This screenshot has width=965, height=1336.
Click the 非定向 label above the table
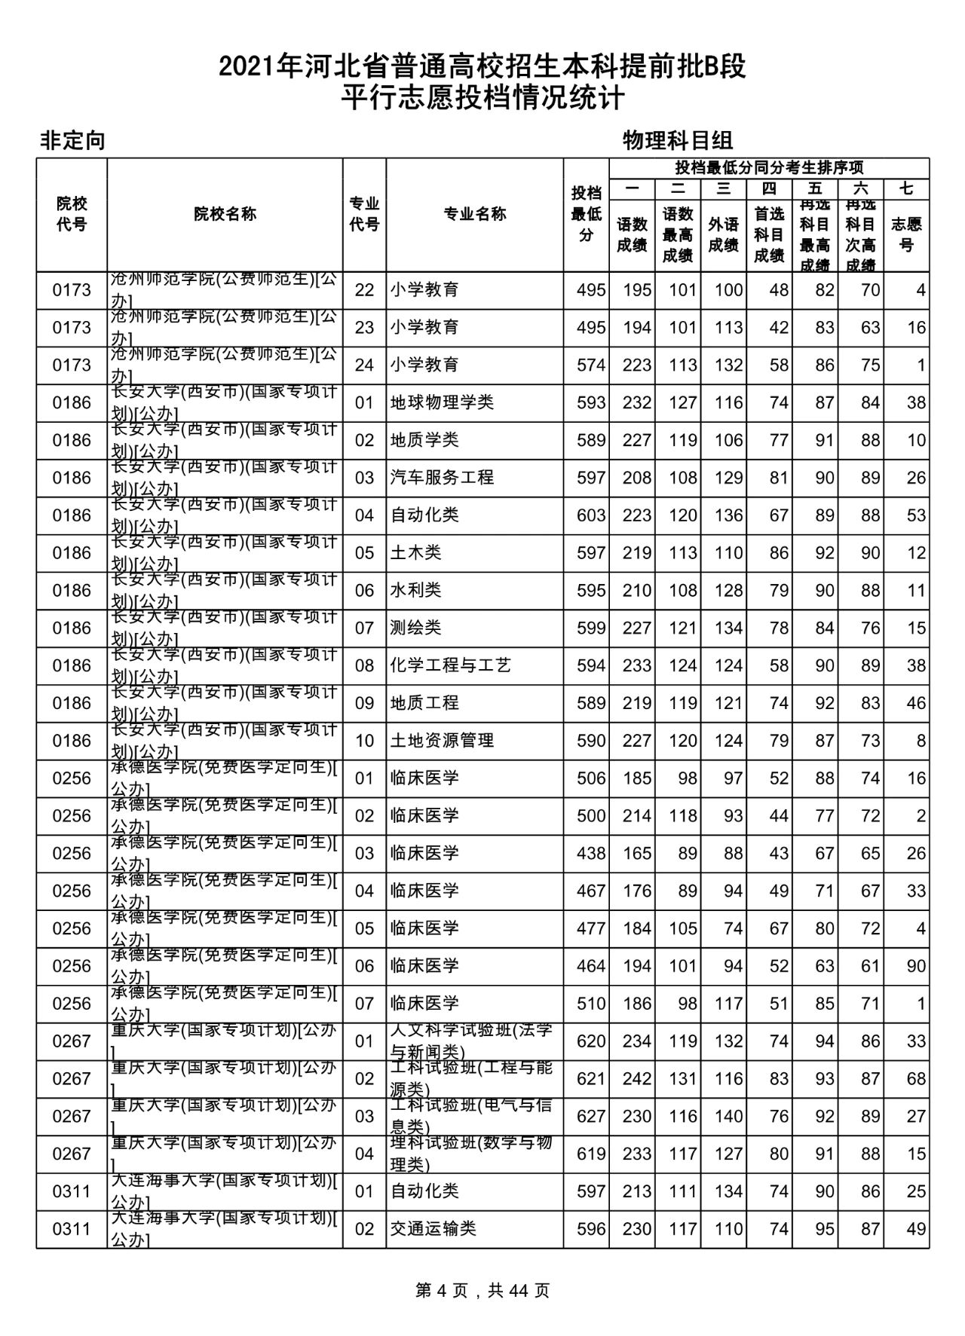72,141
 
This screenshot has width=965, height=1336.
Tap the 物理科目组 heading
678,140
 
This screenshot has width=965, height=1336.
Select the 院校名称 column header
225,214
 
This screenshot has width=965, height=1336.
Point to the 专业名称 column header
474,214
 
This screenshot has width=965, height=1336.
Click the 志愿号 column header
906,234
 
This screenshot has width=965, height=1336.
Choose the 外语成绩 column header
723,234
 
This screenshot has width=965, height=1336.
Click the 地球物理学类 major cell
442,402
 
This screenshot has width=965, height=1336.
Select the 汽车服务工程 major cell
442,478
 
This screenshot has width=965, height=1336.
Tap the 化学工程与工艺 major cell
450,665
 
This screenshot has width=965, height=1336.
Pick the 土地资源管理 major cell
442,741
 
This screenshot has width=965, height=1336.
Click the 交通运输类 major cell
433,1229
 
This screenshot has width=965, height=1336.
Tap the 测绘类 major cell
415,628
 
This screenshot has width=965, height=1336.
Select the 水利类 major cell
415,590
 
